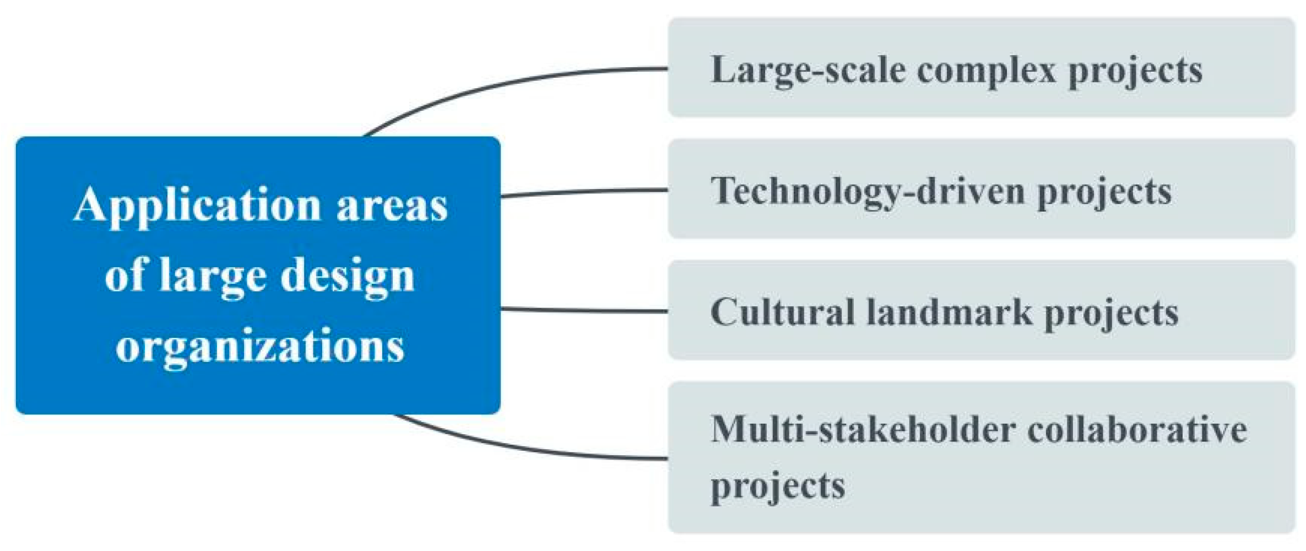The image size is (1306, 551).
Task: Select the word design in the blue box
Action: click(x=347, y=275)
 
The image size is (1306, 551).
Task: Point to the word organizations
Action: click(x=260, y=345)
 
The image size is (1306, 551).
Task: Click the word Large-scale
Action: click(x=808, y=71)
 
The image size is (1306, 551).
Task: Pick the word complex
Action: click(x=986, y=71)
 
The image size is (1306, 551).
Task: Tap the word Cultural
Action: click(x=782, y=312)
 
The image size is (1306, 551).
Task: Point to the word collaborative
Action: click(x=1137, y=429)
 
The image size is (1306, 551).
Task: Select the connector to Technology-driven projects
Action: click(x=584, y=192)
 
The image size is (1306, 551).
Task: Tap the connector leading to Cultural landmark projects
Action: click(x=584, y=311)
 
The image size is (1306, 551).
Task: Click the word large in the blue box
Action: click(x=213, y=275)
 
